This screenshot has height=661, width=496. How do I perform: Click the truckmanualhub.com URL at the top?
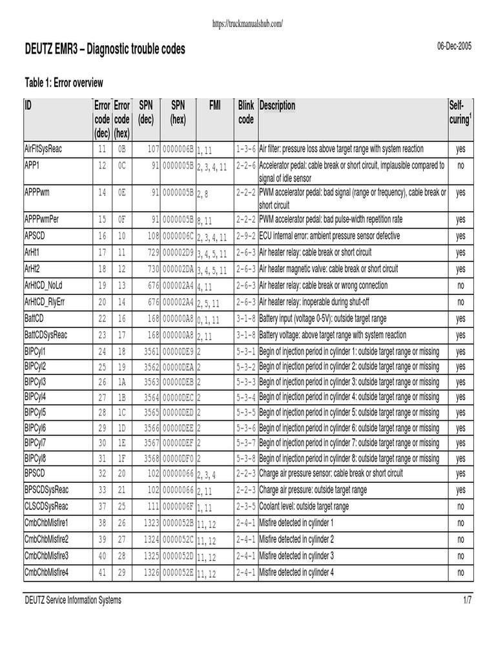tap(247, 24)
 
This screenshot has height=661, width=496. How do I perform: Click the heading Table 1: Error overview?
tap(64, 83)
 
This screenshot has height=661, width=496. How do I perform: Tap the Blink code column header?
tap(246, 112)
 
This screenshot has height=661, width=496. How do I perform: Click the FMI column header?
tap(215, 105)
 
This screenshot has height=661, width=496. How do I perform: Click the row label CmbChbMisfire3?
tap(46, 556)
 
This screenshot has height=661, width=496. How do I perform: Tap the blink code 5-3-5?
tap(246, 411)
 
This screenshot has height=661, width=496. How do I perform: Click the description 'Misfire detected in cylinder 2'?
tap(296, 539)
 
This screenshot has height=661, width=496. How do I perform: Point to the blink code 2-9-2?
tap(246, 236)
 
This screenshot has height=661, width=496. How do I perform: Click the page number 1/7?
tap(468, 600)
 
